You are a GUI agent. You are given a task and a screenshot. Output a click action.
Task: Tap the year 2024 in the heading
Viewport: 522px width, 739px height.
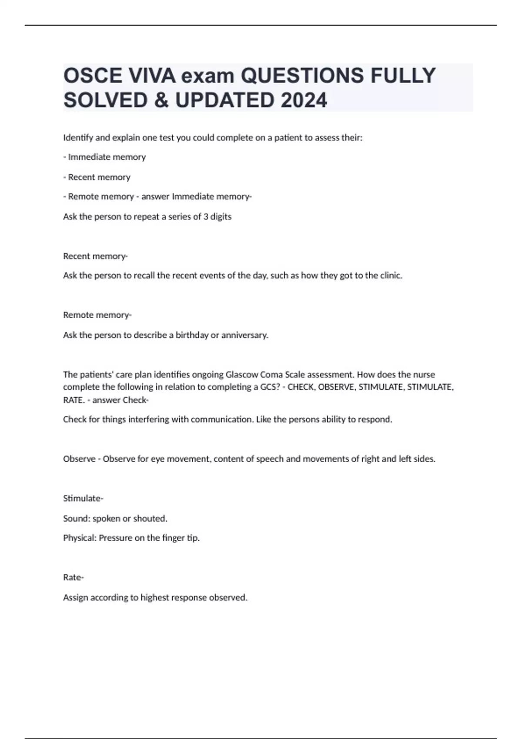pos(304,100)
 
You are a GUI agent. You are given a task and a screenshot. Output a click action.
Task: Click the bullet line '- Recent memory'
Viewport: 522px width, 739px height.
pos(97,177)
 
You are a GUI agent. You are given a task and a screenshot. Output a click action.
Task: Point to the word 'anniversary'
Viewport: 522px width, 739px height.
pos(244,335)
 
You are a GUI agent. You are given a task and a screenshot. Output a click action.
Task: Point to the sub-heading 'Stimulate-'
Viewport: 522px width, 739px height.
pos(83,498)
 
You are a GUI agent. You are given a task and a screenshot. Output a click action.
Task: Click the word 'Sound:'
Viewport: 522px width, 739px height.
pos(77,518)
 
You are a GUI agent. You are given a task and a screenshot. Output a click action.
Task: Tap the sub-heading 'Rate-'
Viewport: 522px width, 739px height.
pos(74,577)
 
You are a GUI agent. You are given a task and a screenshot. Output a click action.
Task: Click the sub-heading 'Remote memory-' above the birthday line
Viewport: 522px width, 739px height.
pos(97,315)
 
